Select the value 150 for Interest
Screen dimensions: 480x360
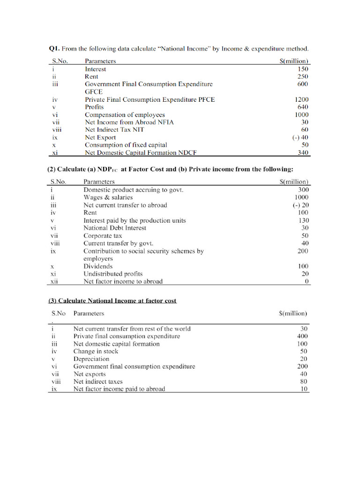[x=303, y=69]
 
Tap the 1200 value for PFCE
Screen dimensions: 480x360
[x=301, y=99]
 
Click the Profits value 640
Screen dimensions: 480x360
[x=303, y=107]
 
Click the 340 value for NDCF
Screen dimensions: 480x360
[x=303, y=153]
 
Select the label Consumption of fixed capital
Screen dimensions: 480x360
[x=126, y=145]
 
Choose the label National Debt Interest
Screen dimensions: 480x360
[x=114, y=228]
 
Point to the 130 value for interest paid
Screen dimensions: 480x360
[x=304, y=220]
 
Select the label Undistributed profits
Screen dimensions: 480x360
[x=113, y=274]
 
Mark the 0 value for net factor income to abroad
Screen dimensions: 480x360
[x=307, y=281]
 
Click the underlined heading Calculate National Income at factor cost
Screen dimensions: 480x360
[x=112, y=300]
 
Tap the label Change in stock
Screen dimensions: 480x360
[x=96, y=351]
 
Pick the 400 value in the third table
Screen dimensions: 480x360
[x=303, y=336]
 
